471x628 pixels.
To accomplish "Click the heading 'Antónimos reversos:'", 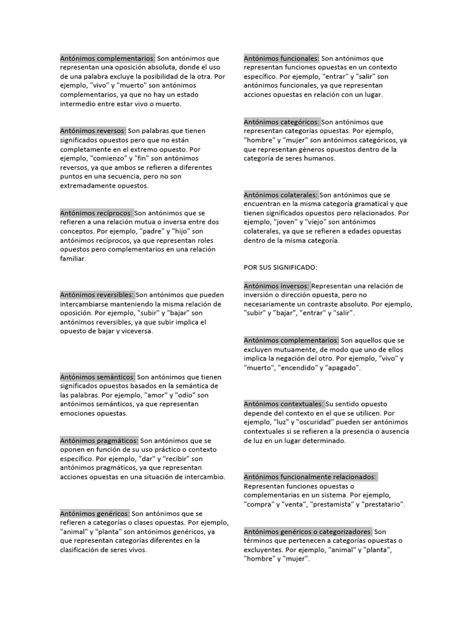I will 93,131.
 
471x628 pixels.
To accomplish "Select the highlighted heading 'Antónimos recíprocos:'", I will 96,213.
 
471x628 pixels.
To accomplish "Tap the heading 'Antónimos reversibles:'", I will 97,295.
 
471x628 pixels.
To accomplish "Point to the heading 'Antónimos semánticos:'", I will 98,377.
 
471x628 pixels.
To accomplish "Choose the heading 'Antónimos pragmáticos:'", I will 99,441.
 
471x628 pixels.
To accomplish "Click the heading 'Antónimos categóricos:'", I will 281,122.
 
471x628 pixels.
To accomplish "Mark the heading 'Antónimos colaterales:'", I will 280,195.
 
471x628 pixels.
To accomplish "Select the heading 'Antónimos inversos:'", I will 277,286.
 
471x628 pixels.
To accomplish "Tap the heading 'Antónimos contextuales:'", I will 283,404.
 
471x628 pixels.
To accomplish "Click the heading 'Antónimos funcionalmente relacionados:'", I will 310,477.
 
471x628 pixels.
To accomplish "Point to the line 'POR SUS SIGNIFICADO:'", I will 280,268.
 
